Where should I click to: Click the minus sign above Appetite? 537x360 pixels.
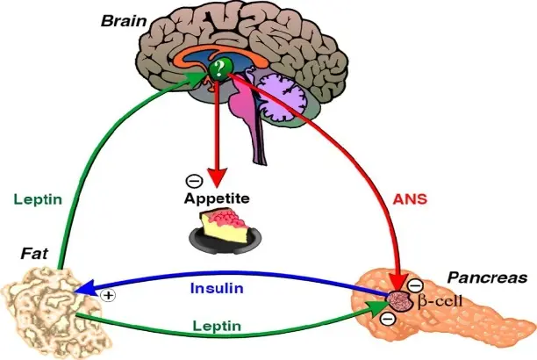[191, 183]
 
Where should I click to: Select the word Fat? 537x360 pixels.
[33, 255]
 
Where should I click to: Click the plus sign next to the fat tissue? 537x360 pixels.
[109, 295]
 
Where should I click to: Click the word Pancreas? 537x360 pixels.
[487, 277]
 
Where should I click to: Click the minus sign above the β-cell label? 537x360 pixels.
[415, 284]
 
